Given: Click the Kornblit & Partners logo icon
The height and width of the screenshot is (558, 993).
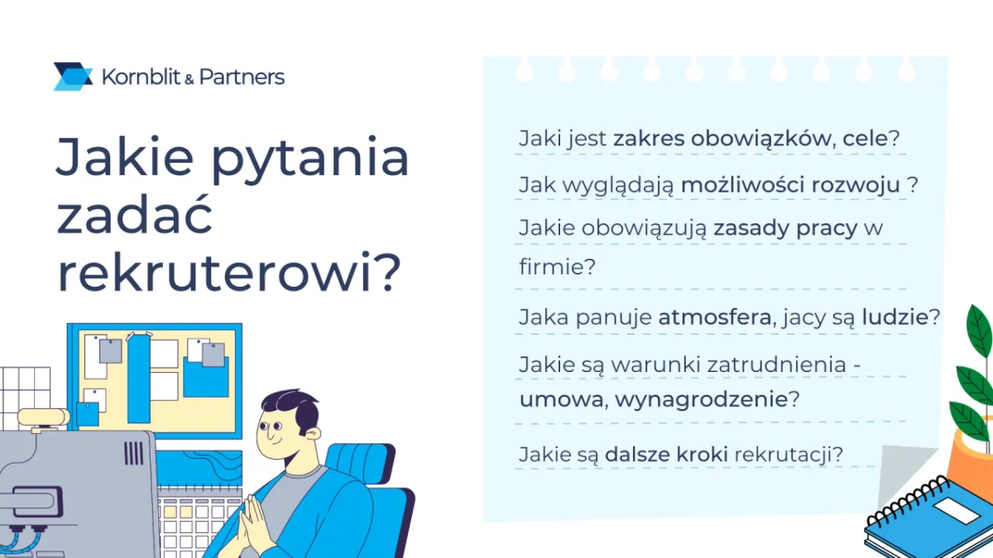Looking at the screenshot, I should tap(73, 77).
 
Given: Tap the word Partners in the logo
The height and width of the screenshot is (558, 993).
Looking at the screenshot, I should tap(242, 78).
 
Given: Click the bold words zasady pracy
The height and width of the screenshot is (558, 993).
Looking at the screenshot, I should tap(785, 228).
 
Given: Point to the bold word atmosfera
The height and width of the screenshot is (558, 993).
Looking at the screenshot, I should tap(714, 317).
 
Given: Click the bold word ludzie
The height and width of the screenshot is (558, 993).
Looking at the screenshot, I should tap(895, 317).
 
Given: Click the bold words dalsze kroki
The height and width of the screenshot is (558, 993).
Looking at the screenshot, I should tap(665, 454).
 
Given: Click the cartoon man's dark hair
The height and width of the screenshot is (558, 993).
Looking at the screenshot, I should tap(289, 407).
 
